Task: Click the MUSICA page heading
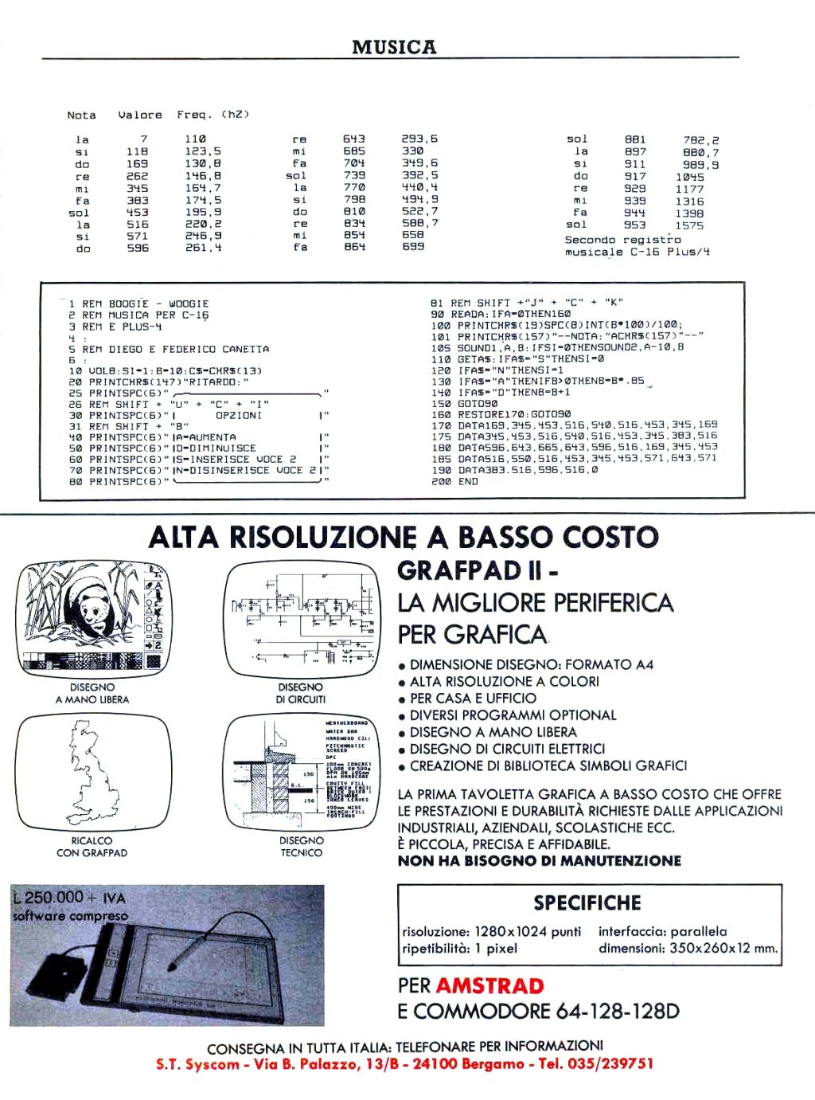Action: click(394, 47)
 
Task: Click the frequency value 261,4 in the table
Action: click(203, 249)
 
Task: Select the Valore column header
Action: click(139, 115)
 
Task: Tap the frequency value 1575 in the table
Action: click(689, 225)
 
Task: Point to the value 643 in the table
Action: click(354, 139)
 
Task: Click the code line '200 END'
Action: click(454, 481)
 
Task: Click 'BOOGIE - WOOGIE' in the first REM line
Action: click(158, 303)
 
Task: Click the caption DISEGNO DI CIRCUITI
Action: click(301, 693)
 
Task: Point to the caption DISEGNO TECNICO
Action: click(301, 846)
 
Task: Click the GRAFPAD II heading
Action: click(477, 570)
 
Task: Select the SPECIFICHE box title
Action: click(587, 902)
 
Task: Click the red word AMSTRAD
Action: click(489, 985)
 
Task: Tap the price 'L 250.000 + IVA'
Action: click(69, 898)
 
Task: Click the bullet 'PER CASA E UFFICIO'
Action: click(473, 698)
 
